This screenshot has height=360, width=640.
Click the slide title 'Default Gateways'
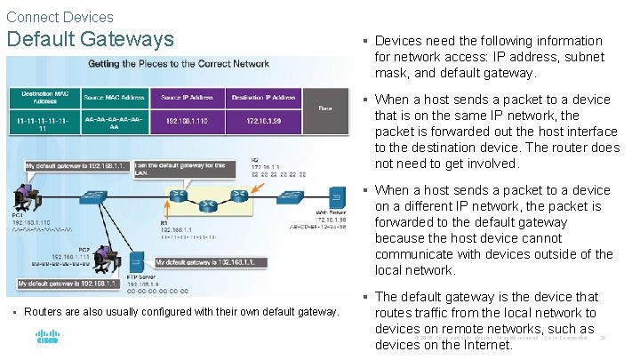[x=90, y=39]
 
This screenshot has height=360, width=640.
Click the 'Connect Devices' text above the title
[x=60, y=17]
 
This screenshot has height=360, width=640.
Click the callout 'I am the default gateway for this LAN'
[x=177, y=168]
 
